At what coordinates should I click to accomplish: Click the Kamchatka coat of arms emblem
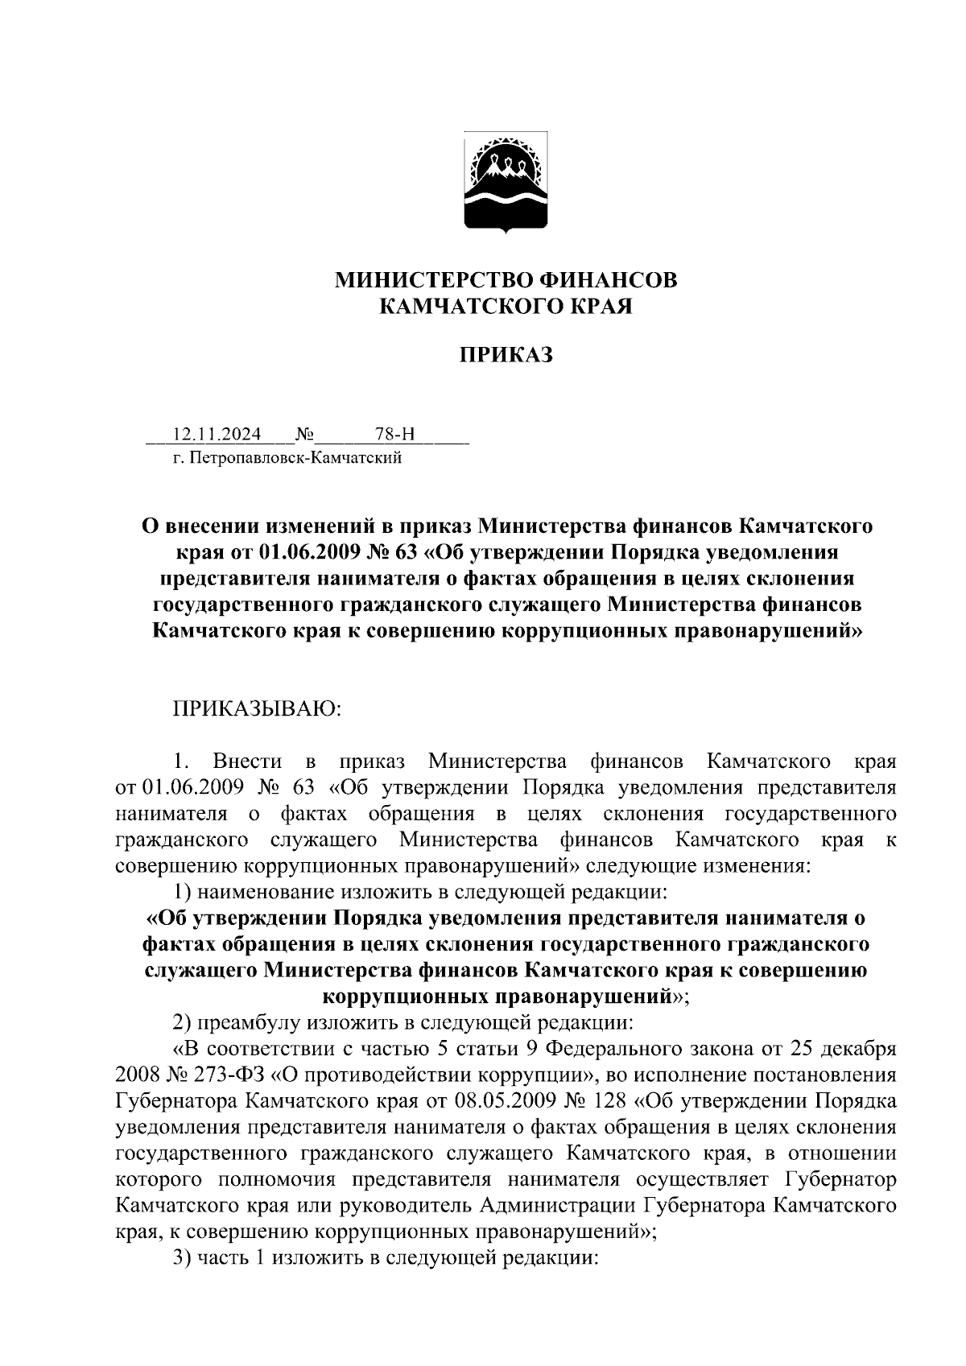pos(506,183)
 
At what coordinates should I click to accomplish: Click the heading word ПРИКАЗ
pos(506,355)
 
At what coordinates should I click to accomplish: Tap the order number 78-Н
pos(395,435)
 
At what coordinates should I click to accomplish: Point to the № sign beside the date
pos(304,435)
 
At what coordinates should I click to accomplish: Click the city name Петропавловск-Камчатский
pos(296,459)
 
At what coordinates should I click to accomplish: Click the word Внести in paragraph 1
pos(247,761)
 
